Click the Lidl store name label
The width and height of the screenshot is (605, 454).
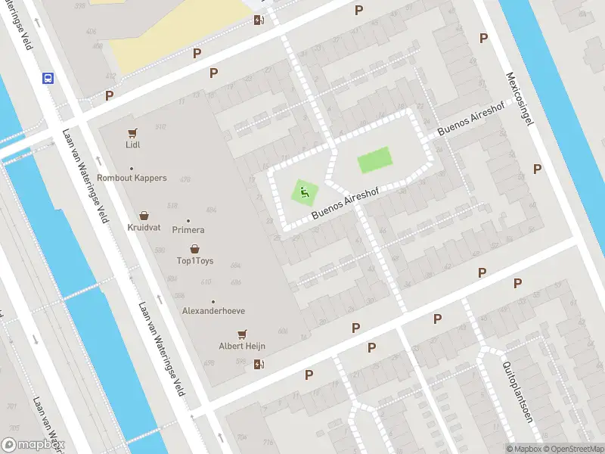(133, 145)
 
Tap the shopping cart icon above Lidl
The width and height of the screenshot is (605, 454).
(133, 132)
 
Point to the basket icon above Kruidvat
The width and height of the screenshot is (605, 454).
(144, 216)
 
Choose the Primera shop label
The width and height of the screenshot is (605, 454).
(188, 229)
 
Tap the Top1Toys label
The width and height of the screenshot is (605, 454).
(195, 261)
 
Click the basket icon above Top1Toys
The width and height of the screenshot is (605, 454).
(195, 249)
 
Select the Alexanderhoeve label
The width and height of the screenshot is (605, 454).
(213, 311)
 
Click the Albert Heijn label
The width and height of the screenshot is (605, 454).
(242, 346)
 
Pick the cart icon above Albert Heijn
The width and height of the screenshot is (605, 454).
(242, 334)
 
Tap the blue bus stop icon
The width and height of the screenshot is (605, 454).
(48, 78)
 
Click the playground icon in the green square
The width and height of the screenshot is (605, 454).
(305, 193)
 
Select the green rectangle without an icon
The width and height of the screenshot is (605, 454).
(374, 160)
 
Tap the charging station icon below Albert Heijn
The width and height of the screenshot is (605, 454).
(259, 365)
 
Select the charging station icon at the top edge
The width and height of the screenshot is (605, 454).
(259, 20)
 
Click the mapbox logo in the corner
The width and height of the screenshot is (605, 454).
(33, 445)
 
